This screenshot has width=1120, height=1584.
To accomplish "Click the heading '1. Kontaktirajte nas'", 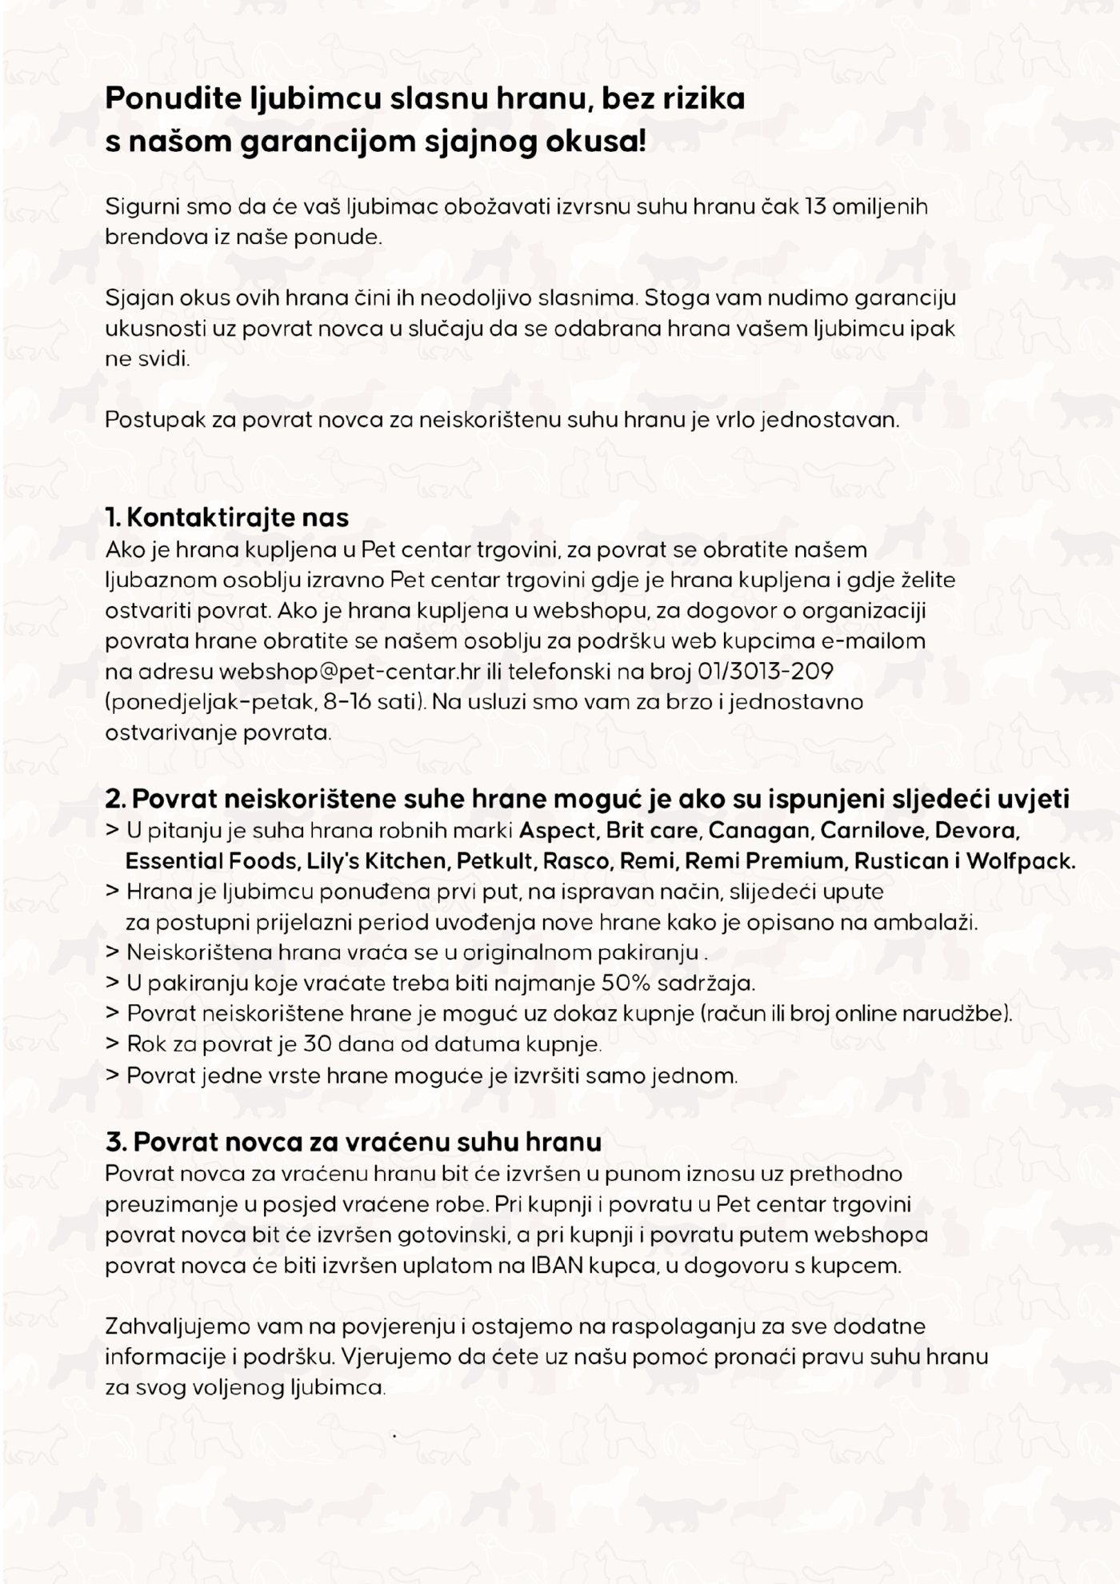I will [227, 517].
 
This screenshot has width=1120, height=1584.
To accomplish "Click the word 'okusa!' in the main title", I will [595, 142].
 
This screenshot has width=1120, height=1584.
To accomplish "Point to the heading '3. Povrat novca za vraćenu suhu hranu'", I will [353, 1142].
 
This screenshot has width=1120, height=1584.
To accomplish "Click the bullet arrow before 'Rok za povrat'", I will [113, 1044].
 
